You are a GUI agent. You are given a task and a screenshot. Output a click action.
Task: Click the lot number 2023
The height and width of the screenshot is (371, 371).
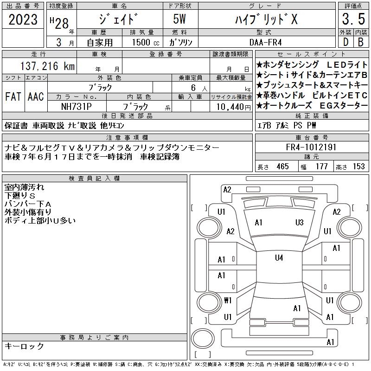click(x=23, y=19)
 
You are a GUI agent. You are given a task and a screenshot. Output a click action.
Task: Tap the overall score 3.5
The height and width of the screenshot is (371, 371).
click(x=353, y=19)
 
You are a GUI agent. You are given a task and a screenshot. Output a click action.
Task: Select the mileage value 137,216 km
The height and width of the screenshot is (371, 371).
click(x=47, y=66)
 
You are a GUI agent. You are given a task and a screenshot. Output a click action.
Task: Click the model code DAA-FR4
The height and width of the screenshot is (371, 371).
click(x=266, y=42)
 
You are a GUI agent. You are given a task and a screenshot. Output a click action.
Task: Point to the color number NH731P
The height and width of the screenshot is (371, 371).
click(x=77, y=107)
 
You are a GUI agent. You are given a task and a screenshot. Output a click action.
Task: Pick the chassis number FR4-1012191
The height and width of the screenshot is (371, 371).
click(x=311, y=147)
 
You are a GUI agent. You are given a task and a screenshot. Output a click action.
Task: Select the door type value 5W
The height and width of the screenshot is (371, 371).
click(x=179, y=19)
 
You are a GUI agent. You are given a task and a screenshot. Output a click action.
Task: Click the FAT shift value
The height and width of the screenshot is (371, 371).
click(x=13, y=96)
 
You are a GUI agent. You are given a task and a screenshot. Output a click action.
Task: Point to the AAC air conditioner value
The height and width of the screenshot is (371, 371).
click(x=36, y=96)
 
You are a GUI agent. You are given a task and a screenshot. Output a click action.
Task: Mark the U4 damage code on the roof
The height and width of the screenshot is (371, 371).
click(x=279, y=258)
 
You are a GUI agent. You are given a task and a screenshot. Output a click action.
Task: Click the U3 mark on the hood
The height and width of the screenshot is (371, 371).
click(x=299, y=223)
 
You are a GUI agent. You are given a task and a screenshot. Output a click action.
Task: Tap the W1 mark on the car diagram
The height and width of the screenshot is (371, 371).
click(x=228, y=301)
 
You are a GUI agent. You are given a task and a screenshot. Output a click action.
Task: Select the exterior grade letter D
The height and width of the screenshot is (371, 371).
click(x=345, y=42)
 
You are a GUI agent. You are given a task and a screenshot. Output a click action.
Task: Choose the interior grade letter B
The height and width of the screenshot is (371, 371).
click(x=361, y=42)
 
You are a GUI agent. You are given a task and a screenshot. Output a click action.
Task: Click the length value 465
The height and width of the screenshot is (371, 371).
click(x=282, y=166)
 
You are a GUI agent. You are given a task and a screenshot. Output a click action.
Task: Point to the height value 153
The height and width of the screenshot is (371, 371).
click(x=358, y=166)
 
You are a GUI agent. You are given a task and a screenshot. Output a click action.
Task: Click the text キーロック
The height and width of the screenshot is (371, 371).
click(x=24, y=346)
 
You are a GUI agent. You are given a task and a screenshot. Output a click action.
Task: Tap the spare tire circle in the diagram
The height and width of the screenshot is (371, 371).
click(x=203, y=338)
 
